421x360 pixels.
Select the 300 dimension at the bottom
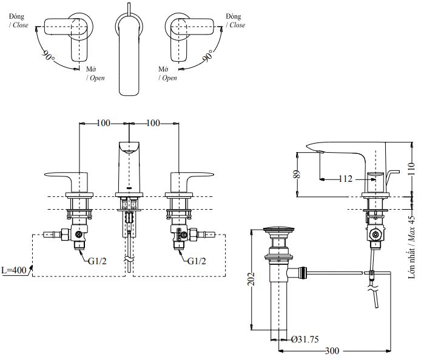point(332,351)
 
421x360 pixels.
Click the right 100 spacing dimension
point(153,123)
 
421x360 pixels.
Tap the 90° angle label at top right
point(208,58)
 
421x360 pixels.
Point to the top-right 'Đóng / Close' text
point(235,21)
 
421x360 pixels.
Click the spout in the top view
point(129,55)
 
